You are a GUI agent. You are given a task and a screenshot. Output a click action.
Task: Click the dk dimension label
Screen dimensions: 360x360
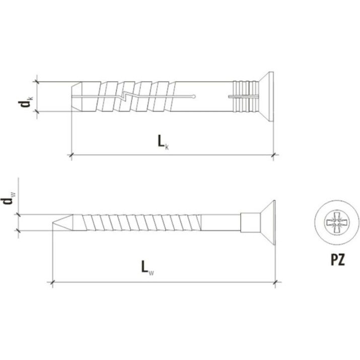26,102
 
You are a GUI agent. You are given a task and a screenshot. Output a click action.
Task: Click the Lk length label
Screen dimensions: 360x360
163,142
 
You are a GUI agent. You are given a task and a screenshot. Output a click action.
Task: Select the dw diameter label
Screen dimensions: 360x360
9,198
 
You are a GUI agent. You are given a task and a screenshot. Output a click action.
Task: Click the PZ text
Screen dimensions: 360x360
338,260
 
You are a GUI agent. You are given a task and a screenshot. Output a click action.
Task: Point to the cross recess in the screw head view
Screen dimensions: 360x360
336,223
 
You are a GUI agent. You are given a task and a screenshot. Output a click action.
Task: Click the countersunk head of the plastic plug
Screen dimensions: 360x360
266,97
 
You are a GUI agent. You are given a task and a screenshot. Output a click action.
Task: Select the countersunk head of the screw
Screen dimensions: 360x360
268,223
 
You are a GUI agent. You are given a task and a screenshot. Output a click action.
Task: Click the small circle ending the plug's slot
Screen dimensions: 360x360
194,97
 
